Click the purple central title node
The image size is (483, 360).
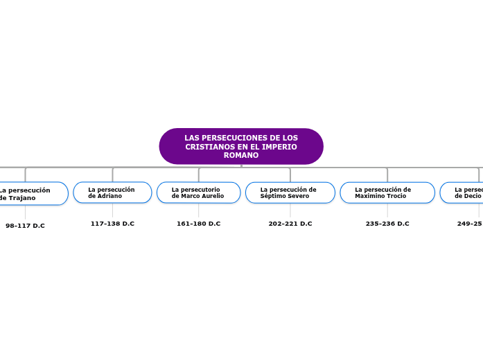pyautogui.click(x=241, y=146)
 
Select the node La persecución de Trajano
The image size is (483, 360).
pyautogui.click(x=32, y=194)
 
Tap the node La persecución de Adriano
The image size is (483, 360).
pyautogui.click(x=112, y=192)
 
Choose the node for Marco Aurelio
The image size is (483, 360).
pyautogui.click(x=198, y=192)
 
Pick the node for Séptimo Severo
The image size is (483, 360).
pyautogui.click(x=290, y=192)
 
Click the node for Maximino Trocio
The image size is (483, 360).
pyautogui.click(x=387, y=192)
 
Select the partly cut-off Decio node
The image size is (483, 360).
pyautogui.click(x=463, y=192)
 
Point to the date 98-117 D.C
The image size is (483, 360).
pyautogui.click(x=25, y=226)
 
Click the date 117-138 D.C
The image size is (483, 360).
pyautogui.click(x=112, y=224)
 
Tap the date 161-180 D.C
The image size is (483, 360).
pyautogui.click(x=198, y=224)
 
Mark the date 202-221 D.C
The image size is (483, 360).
pyautogui.click(x=290, y=224)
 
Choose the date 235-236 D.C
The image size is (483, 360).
pyautogui.click(x=387, y=224)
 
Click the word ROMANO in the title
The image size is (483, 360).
pyautogui.click(x=241, y=155)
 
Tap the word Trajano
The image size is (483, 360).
pyautogui.click(x=22, y=198)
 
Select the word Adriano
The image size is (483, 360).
pyautogui.click(x=109, y=196)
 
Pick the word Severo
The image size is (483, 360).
pyautogui.click(x=298, y=196)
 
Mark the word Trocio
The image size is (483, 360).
pyautogui.click(x=395, y=196)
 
